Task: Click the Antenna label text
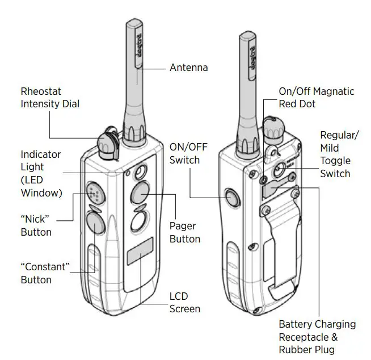(188, 68)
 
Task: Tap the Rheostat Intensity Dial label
(50, 98)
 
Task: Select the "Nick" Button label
(36, 226)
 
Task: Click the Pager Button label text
(184, 232)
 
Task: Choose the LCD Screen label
(184, 303)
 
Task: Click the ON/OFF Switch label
(188, 153)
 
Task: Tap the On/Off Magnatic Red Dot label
(316, 98)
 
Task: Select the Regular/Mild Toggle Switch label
(339, 154)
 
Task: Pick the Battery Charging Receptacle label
(317, 337)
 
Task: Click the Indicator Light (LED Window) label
(41, 173)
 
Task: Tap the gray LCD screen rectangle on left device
(140, 252)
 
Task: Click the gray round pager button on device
(140, 194)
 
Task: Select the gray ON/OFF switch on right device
(232, 198)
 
